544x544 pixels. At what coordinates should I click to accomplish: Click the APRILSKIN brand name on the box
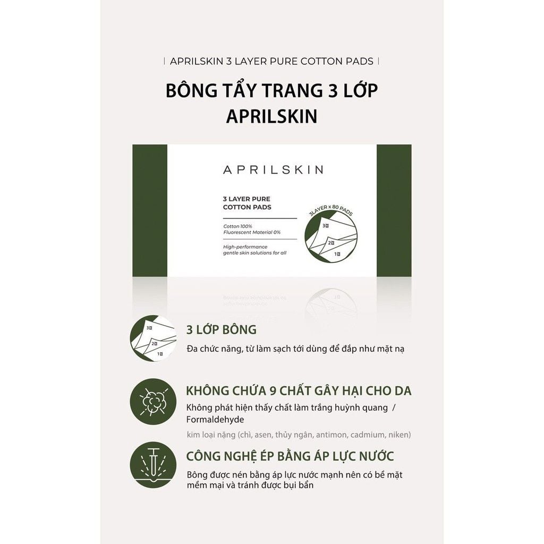click(x=272, y=170)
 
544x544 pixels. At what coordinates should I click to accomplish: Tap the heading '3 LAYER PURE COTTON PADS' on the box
click(x=247, y=203)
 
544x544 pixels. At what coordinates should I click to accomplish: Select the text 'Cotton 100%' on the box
click(x=238, y=226)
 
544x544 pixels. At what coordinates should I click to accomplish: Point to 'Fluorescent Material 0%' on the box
click(x=252, y=233)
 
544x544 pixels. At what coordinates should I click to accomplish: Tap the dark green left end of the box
click(x=150, y=210)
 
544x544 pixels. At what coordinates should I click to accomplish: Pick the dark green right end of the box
click(x=394, y=210)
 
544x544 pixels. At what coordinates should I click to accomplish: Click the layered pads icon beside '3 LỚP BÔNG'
click(x=153, y=338)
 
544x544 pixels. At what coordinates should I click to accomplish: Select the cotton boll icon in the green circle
click(x=153, y=401)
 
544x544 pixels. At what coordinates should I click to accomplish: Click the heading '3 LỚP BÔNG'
click(x=221, y=329)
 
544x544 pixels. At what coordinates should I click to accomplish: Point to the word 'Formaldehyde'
click(x=215, y=420)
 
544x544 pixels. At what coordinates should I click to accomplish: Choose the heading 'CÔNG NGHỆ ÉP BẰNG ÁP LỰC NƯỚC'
click(x=290, y=456)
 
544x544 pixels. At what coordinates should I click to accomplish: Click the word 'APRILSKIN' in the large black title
click(x=271, y=116)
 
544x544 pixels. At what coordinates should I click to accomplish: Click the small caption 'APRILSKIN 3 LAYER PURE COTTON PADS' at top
click(x=271, y=61)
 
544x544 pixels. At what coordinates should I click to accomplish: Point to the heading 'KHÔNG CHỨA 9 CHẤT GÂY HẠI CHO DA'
click(x=299, y=391)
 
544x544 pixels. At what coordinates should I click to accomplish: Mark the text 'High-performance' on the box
click(x=245, y=246)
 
